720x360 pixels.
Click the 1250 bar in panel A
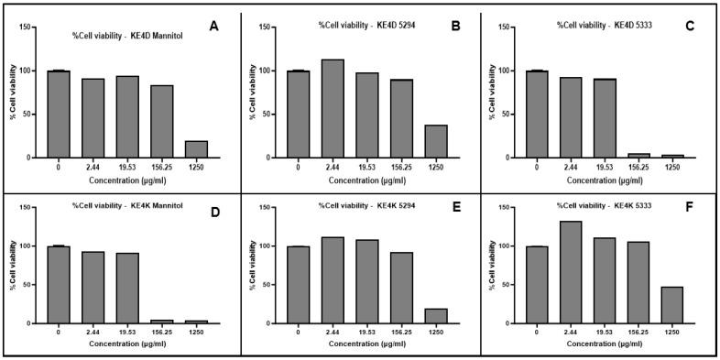point(197,149)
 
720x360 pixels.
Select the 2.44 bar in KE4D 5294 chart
point(333,109)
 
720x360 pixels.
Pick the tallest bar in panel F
point(572,272)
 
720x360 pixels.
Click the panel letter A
point(213,26)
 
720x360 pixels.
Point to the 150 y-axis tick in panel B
point(265,27)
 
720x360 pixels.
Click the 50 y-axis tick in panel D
point(28,285)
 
